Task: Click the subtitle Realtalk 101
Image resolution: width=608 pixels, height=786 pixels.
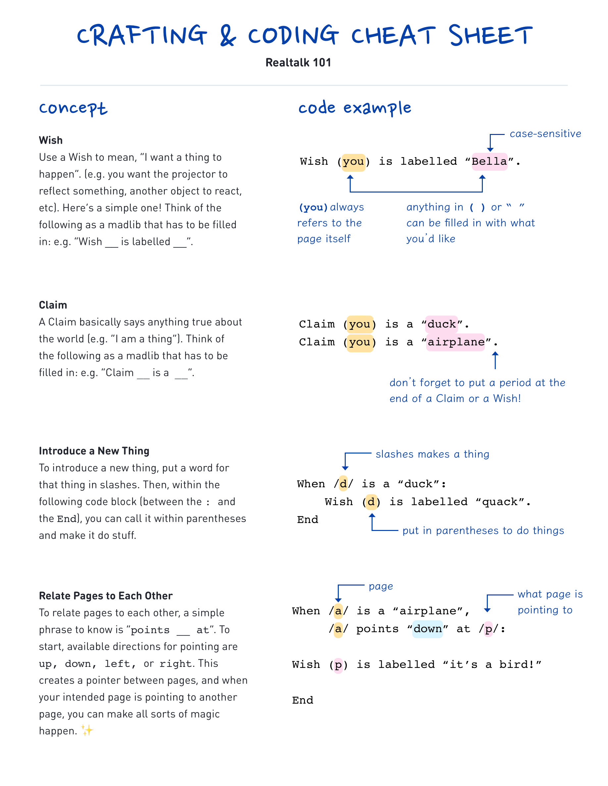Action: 298,63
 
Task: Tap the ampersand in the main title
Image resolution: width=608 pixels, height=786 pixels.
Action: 228,36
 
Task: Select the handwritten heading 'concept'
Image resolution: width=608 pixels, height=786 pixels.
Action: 73,108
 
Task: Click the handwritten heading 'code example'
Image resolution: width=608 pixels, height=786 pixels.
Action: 354,108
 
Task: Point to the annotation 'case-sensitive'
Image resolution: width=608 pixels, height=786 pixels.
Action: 545,134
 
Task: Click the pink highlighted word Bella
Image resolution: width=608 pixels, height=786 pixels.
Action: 489,161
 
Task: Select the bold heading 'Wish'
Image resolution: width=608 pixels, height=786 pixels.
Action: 51,140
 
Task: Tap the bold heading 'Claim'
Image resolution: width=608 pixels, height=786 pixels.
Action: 53,305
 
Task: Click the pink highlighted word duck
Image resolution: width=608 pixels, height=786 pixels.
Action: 441,324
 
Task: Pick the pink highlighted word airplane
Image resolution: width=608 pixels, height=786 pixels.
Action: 456,342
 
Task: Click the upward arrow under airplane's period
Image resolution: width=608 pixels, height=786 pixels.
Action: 495,361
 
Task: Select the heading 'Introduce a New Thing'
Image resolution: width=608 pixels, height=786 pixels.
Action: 94,451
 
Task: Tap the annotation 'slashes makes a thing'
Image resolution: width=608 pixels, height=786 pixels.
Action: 432,454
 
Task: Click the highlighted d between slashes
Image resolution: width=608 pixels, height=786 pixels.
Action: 343,484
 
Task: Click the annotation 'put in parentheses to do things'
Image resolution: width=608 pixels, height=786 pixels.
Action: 483,531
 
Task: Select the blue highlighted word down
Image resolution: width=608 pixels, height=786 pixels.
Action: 428,629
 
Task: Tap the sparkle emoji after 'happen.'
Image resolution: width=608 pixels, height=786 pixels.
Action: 87,730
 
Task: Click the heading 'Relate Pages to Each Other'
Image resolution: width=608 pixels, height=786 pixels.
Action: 106,596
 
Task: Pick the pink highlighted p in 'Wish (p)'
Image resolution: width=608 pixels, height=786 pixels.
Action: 338,665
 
